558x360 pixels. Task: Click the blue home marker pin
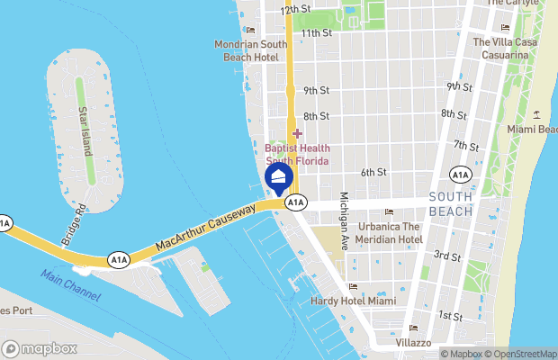(279, 176)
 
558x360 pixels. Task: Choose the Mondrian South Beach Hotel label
(250, 49)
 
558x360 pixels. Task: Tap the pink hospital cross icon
(297, 133)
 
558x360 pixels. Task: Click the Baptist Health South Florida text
(297, 154)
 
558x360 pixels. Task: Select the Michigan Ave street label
(343, 221)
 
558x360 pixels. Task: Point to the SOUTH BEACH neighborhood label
(451, 203)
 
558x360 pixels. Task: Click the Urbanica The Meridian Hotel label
(390, 232)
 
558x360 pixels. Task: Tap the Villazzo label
(413, 343)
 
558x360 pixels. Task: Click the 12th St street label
(295, 9)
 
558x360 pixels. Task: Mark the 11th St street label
(316, 33)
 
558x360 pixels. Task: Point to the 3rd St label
(448, 256)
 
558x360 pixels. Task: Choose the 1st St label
(450, 316)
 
